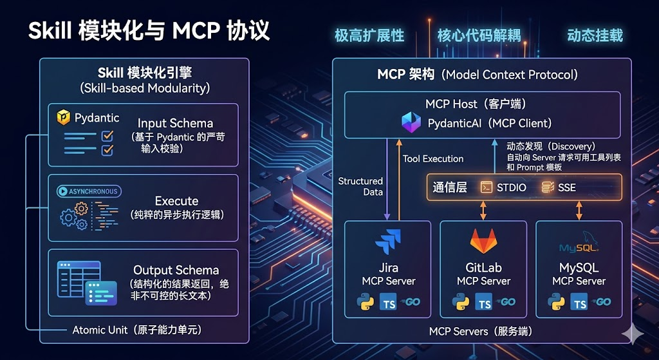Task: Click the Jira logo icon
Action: (388, 242)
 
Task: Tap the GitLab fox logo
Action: (483, 242)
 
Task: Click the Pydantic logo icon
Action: (64, 118)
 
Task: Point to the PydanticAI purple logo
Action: (411, 122)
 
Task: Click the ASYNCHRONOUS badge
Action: (88, 191)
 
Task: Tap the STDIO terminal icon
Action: (486, 187)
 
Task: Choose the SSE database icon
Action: (548, 187)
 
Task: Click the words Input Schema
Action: (175, 123)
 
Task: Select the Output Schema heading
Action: (176, 270)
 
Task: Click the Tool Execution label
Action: (433, 158)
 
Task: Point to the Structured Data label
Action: (360, 186)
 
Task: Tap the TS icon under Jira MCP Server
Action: (389, 302)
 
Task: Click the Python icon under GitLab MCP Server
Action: (460, 302)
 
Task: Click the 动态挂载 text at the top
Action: (595, 35)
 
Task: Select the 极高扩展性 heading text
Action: (369, 35)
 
